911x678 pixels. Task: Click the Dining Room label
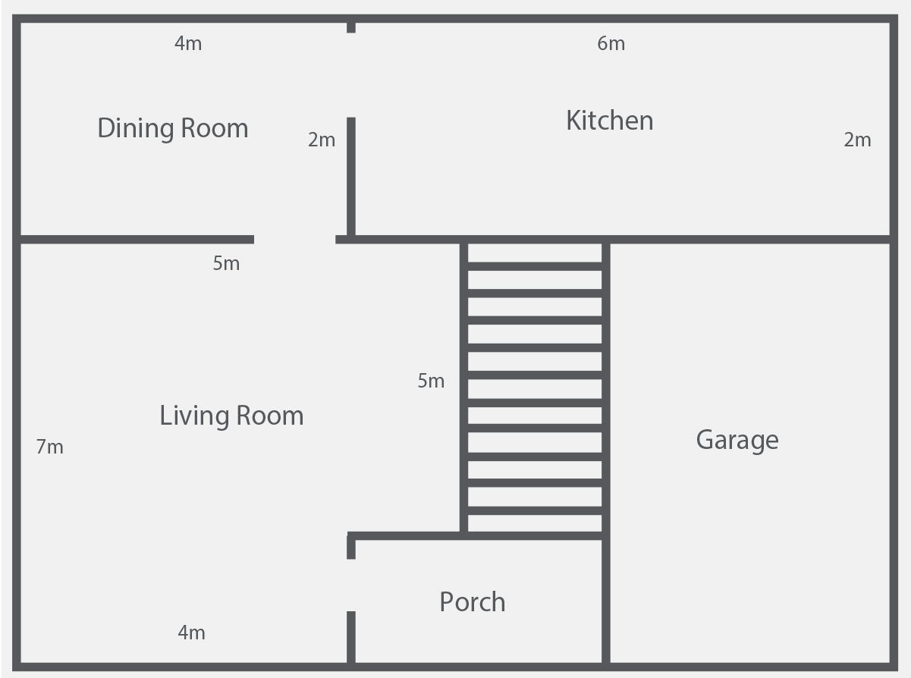[x=173, y=129]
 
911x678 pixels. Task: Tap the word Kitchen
[x=610, y=121]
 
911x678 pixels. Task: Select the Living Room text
[x=231, y=416]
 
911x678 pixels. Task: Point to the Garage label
[x=737, y=441]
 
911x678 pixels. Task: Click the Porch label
[x=473, y=602]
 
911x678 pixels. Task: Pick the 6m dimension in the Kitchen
[x=611, y=43]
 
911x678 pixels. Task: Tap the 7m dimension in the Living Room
[x=50, y=447]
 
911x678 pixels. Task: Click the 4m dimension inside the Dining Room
[x=188, y=43]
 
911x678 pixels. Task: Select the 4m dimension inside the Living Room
[x=191, y=632]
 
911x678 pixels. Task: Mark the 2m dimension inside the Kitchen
[x=858, y=140]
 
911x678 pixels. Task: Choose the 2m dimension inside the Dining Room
[x=322, y=140]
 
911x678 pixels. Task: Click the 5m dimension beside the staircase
[x=431, y=381]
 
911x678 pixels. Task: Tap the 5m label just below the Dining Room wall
[x=226, y=264]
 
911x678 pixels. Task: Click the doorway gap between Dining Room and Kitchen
[x=351, y=75]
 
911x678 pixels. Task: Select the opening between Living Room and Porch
[x=351, y=585]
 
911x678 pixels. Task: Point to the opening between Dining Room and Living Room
[x=295, y=240]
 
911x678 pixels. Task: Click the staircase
[x=535, y=388]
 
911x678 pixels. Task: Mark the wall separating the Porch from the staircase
[x=475, y=536]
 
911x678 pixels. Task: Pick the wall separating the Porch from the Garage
[x=606, y=601]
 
